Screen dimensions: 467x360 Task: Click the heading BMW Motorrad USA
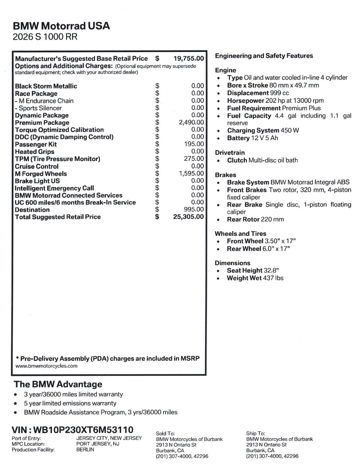click(61, 26)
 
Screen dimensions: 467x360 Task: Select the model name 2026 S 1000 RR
click(45, 37)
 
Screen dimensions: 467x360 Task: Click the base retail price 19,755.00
click(189, 58)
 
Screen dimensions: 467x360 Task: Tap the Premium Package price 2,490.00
click(191, 122)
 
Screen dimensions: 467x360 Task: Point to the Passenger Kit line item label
click(36, 144)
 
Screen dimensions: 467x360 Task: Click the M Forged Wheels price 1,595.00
click(191, 174)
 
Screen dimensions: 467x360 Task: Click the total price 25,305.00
click(188, 217)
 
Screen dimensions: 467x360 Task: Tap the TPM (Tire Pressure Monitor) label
click(58, 159)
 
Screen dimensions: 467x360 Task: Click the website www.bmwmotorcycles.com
click(46, 366)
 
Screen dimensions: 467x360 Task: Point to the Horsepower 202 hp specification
click(275, 101)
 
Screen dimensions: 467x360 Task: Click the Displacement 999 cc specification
click(258, 93)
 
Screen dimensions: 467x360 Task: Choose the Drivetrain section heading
click(230, 153)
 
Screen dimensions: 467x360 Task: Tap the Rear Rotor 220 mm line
click(255, 219)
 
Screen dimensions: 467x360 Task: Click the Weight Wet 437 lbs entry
click(255, 278)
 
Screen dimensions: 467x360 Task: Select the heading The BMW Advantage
click(58, 384)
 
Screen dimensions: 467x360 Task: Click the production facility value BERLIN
click(85, 450)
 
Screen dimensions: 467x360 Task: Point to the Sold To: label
click(165, 434)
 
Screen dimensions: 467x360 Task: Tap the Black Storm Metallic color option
click(46, 86)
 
